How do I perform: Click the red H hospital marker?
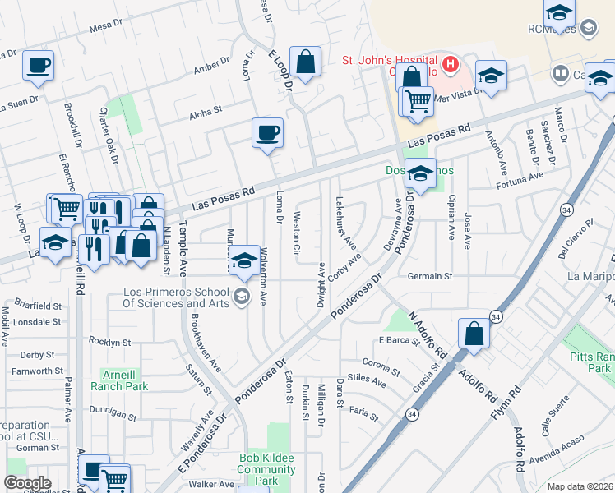450,64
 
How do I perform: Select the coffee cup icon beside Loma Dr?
266,132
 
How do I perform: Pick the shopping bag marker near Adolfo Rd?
474,334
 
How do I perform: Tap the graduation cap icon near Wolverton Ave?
243,260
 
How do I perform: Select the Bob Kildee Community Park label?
266,469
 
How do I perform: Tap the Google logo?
27,483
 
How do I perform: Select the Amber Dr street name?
211,62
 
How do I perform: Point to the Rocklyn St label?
110,342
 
